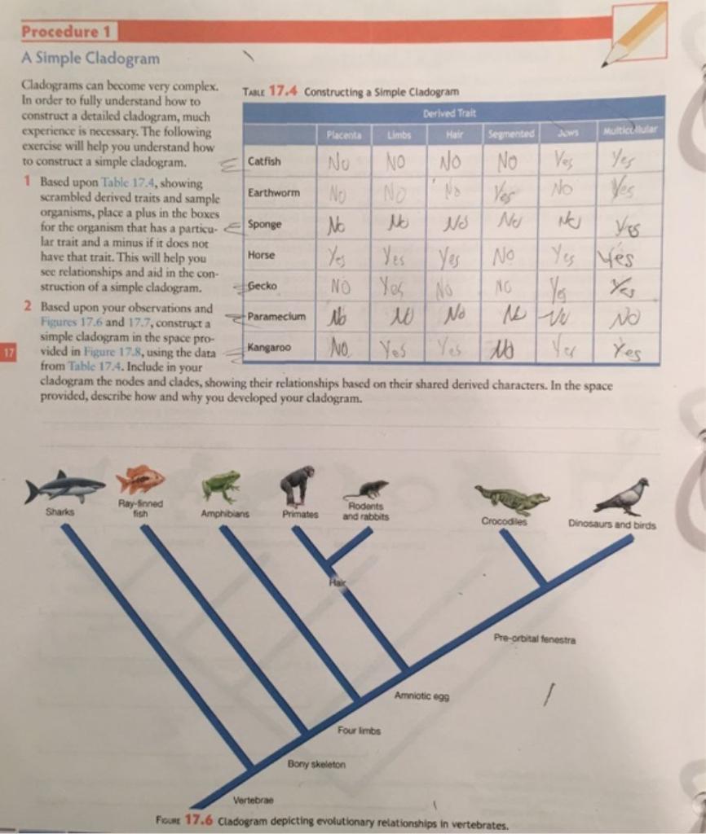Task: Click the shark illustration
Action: (65, 487)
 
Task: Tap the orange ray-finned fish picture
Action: (140, 480)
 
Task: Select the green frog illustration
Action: (220, 486)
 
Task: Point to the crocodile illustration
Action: (512, 498)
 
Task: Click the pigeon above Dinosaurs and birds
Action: (623, 497)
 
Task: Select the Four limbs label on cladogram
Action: (357, 730)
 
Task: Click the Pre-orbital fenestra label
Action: (534, 639)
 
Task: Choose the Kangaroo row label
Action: (268, 348)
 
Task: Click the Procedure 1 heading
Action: (68, 33)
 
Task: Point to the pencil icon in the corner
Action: (636, 35)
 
